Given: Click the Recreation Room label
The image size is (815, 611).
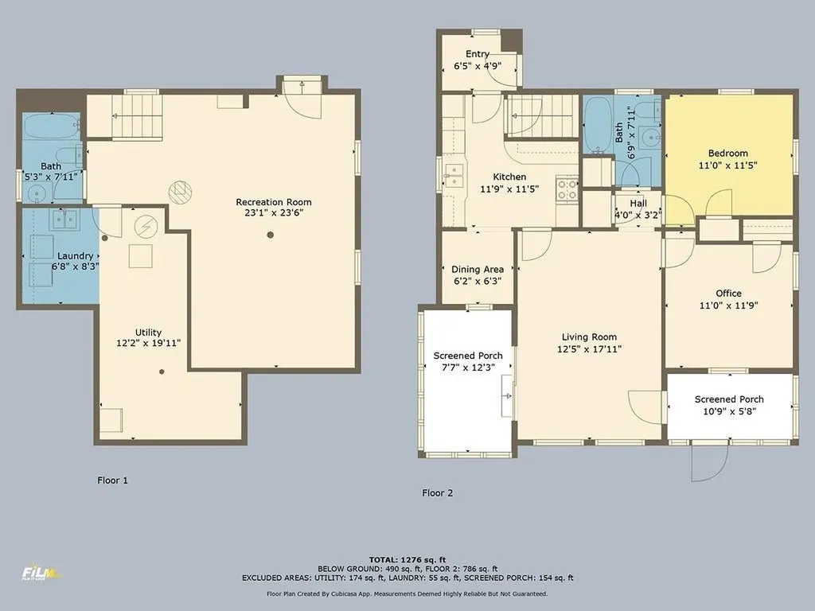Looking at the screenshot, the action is [x=274, y=202].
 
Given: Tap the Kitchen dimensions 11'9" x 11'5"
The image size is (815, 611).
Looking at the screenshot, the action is [x=509, y=189].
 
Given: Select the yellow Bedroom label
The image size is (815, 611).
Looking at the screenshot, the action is [x=728, y=154].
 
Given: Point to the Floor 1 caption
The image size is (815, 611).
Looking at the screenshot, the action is [x=112, y=480].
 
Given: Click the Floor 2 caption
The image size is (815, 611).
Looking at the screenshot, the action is [x=437, y=492].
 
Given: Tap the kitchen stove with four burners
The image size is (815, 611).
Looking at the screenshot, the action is [x=567, y=189].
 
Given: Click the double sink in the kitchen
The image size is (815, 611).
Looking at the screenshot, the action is [x=453, y=175].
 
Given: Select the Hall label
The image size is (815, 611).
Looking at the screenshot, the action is [x=638, y=203].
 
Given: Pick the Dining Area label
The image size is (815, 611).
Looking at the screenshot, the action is [x=478, y=269].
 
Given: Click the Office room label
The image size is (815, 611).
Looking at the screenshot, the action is [x=728, y=293].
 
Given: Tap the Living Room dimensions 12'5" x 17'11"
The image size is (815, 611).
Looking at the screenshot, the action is [x=589, y=349].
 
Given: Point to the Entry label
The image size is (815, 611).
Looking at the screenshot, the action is [x=478, y=54].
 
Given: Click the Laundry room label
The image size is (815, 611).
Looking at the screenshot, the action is [x=76, y=255].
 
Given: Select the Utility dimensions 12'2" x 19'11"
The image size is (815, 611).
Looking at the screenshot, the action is [x=149, y=343].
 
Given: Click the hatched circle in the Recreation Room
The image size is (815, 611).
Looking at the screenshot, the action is [x=180, y=192].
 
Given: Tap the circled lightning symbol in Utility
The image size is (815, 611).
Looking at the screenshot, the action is [x=146, y=226].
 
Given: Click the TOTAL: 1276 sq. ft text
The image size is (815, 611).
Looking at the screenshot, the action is [x=407, y=559].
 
